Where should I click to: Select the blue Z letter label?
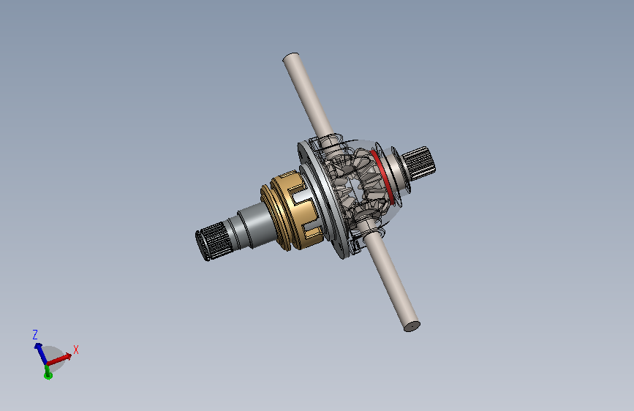tap(35, 334)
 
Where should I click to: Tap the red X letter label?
tap(75, 350)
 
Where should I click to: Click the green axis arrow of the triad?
tap(48, 372)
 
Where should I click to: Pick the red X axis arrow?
tap(59, 359)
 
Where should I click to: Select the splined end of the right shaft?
tap(420, 162)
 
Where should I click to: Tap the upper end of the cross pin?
tap(290, 58)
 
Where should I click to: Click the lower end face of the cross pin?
tap(412, 326)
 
